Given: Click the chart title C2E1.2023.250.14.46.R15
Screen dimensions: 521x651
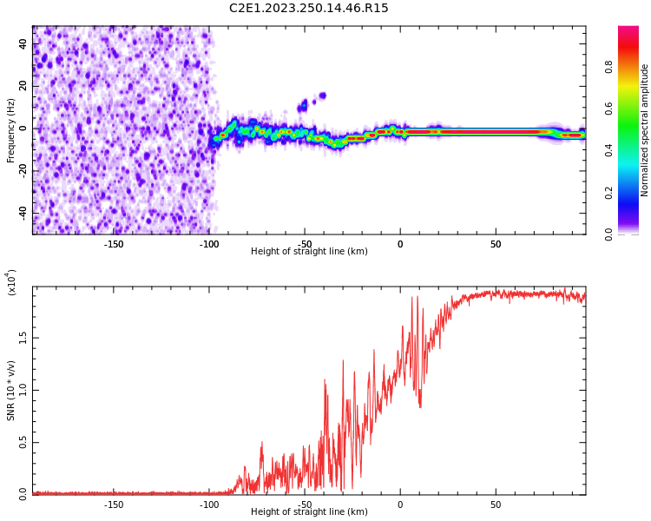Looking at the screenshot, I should (308, 9).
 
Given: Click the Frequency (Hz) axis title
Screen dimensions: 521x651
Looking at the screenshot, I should (11, 130).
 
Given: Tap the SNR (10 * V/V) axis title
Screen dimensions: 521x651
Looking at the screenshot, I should (11, 390).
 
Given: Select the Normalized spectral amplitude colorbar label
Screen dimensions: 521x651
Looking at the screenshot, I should (645, 130).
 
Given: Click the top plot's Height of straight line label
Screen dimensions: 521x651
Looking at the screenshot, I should (309, 252).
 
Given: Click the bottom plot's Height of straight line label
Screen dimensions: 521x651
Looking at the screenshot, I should (309, 511).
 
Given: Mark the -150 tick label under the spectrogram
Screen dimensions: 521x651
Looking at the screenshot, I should (114, 244).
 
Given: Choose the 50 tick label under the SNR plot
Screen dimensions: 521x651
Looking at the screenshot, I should (495, 504).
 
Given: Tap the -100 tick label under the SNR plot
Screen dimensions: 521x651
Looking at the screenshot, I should (209, 504).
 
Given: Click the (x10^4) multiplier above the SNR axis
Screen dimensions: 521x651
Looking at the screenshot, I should (11, 281).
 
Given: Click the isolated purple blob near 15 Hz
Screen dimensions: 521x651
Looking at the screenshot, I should (322, 96).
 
